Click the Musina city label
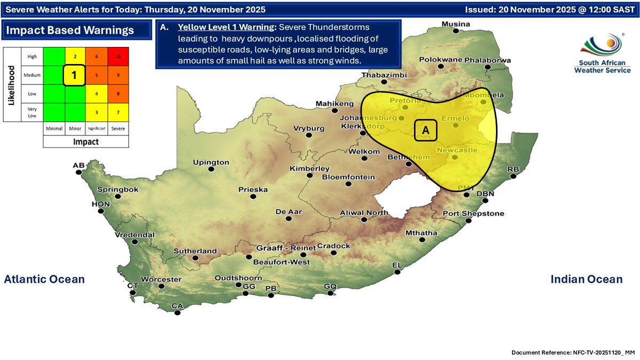455,24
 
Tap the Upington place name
211,162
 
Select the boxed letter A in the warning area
426,130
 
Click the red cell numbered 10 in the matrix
118,57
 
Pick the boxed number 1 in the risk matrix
74,75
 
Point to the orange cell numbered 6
96,57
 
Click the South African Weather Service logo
604,54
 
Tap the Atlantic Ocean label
44,279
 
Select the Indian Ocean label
586,279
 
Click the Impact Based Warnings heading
70,30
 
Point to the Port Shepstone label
473,214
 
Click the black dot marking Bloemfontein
349,185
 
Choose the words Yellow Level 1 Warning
226,27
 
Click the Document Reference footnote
573,353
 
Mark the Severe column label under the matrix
118,129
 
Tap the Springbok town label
118,189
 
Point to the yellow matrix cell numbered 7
118,113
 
